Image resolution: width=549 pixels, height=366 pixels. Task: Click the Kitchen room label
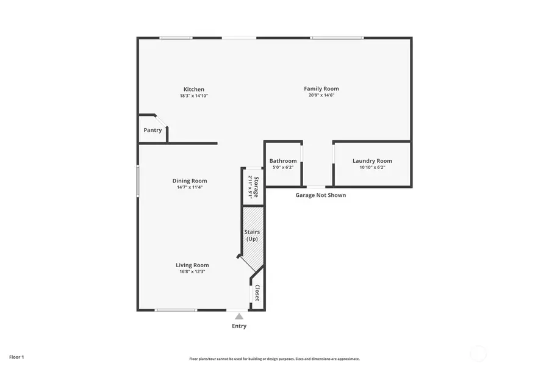point(194,90)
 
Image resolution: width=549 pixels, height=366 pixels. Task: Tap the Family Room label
point(321,89)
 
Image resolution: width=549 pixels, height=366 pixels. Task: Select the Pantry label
point(152,130)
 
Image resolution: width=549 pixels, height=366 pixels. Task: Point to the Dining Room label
point(190,181)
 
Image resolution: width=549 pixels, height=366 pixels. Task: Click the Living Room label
point(192,265)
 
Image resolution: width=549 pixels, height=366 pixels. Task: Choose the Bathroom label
point(283,161)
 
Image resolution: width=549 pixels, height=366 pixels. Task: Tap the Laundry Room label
point(372,161)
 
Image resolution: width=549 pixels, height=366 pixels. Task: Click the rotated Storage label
point(256,187)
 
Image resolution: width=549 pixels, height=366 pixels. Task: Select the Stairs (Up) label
point(252,235)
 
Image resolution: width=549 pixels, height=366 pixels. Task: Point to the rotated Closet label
point(257,293)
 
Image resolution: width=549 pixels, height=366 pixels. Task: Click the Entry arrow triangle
point(239,316)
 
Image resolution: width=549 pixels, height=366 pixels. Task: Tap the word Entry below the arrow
point(239,326)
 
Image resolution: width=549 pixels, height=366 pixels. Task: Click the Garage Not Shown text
point(321,195)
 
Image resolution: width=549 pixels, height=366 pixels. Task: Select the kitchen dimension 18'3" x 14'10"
point(194,96)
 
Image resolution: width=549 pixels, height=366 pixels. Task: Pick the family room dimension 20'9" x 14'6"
point(321,95)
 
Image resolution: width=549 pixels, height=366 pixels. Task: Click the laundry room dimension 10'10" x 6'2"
point(372,167)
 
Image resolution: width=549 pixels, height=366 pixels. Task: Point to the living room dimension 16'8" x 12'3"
point(192,271)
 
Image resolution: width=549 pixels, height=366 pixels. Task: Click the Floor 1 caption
point(16,356)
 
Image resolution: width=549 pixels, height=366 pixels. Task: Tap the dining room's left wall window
point(138,182)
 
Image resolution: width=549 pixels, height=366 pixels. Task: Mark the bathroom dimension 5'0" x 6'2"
point(283,167)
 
